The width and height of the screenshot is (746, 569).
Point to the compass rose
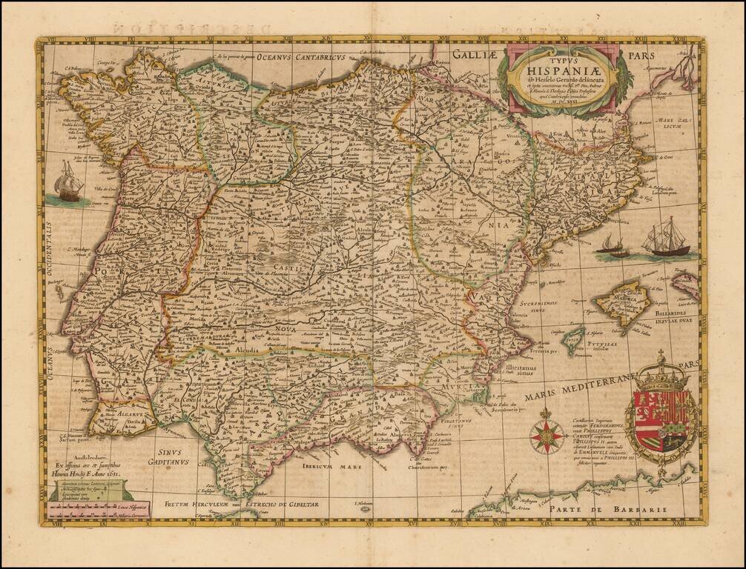(x=547, y=436)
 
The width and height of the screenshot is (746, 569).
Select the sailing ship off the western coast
(x=68, y=182)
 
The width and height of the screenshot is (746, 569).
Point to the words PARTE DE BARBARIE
(x=630, y=509)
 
